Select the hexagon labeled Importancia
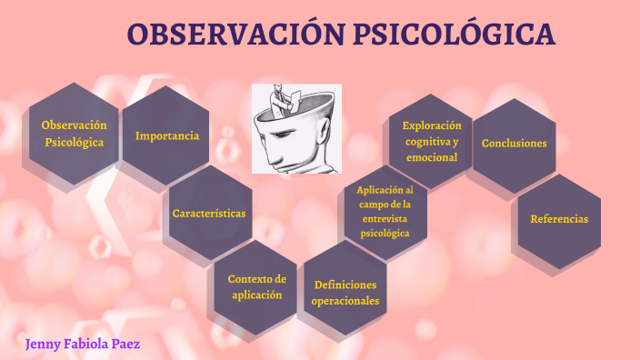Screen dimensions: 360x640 pos(167,136)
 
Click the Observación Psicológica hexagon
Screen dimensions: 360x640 pos(75,134)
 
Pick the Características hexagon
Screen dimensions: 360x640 pos(209,214)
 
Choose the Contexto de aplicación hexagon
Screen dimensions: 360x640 pos(256,286)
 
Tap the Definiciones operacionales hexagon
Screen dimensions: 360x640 pos(345,293)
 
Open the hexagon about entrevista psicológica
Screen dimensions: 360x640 pos(385,212)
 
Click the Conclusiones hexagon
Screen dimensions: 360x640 pos(515,144)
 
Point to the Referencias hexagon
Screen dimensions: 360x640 pos(559,219)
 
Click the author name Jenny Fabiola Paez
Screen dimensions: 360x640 pos(83,345)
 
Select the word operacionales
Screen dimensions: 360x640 pos(345,301)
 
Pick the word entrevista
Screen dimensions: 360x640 pos(385,219)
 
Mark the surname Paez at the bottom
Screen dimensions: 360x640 pos(123,345)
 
